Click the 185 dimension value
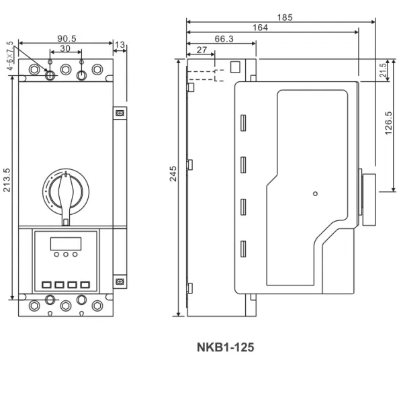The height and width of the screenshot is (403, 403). tap(285, 17)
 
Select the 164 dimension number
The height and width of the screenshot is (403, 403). tap(260, 28)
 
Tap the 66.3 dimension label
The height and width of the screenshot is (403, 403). tap(224, 39)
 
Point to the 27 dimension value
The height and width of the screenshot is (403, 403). tap(201, 50)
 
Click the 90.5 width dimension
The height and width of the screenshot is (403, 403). tap(66, 38)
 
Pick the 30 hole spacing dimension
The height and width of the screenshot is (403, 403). tap(65, 48)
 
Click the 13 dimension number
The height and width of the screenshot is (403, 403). tap(120, 45)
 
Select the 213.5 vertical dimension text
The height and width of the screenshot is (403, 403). tap(7, 180)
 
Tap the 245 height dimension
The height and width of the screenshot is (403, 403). tap(173, 174)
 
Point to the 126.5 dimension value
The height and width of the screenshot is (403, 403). tap(389, 123)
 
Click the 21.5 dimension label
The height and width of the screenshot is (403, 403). tap(383, 70)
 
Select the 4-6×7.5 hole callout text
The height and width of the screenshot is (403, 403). tap(10, 56)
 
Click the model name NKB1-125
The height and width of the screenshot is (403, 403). tap(226, 347)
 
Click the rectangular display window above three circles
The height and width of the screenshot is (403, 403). tap(66, 243)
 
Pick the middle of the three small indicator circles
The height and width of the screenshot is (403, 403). tap(66, 254)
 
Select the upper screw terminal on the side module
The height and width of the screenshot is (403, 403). tap(120, 113)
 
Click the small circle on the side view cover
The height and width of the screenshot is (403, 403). tap(316, 193)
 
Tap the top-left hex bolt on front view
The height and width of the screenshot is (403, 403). tap(34, 69)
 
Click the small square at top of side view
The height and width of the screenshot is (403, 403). tap(235, 66)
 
